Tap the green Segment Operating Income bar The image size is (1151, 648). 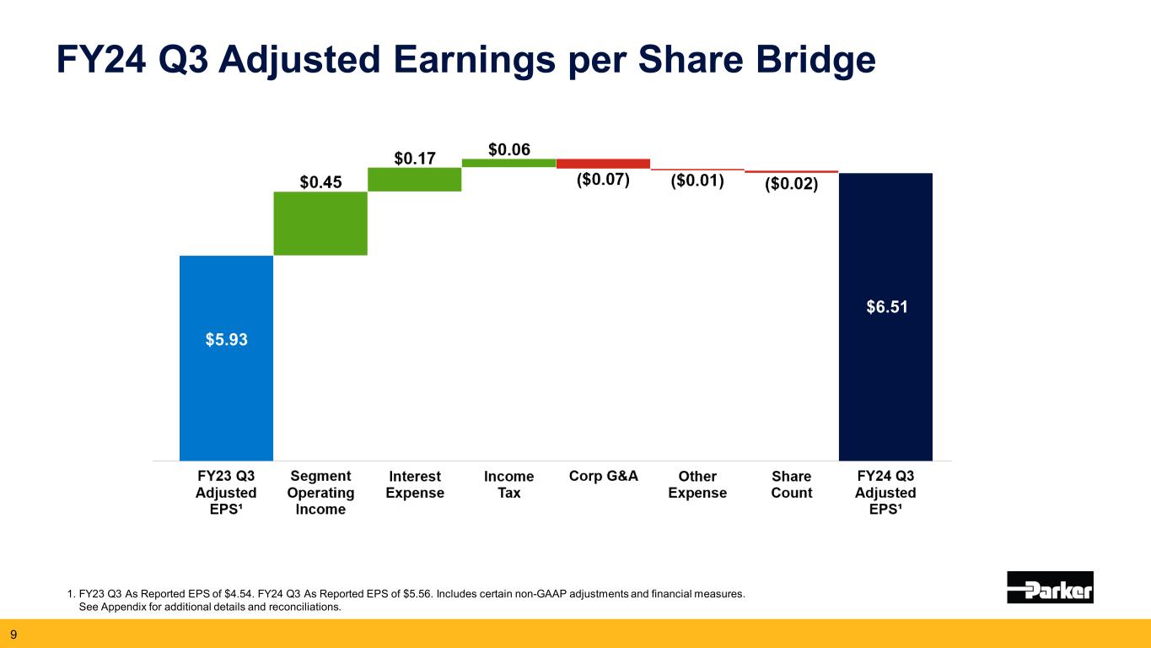[320, 223]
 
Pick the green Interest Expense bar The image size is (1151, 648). [414, 179]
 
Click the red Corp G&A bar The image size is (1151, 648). [603, 163]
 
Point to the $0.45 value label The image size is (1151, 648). [321, 181]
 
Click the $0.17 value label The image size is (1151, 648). [416, 158]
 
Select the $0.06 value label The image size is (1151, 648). [509, 149]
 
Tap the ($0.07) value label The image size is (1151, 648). [603, 181]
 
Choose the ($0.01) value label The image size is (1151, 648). [697, 181]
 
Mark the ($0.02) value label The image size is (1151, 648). [791, 183]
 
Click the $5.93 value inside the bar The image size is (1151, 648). [227, 339]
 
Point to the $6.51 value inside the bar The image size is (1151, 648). [886, 308]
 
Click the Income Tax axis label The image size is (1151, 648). [508, 484]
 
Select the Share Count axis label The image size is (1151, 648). [791, 484]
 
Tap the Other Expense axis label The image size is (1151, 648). [697, 484]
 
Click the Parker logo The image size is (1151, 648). [1050, 587]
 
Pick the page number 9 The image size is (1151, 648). [13, 634]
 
